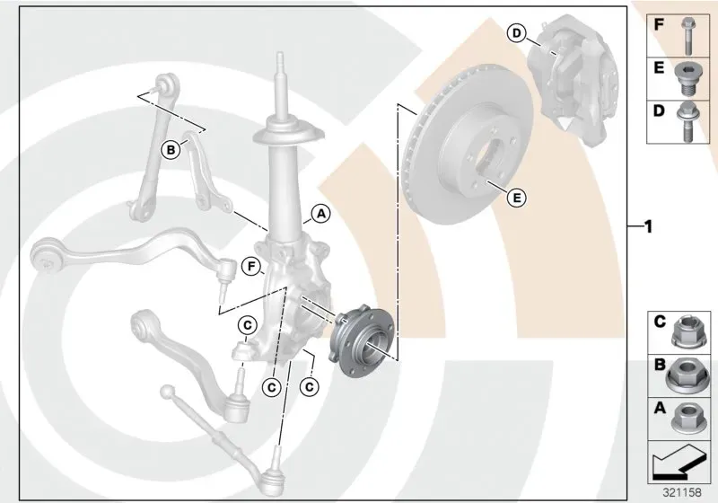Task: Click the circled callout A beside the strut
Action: tap(321, 214)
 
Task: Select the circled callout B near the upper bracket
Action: tap(171, 150)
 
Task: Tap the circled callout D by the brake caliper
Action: tap(517, 33)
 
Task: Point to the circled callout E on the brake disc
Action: tap(517, 198)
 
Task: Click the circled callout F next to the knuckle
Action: tap(251, 267)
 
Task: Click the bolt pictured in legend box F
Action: tap(687, 36)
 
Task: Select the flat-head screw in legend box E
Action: tap(686, 79)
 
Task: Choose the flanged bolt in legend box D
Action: tap(686, 122)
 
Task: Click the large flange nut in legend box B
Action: tap(685, 375)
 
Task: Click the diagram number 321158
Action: tap(682, 492)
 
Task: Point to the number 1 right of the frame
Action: tap(648, 226)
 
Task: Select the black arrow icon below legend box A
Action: tap(679, 464)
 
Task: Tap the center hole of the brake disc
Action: tap(486, 162)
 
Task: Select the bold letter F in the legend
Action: tap(659, 24)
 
